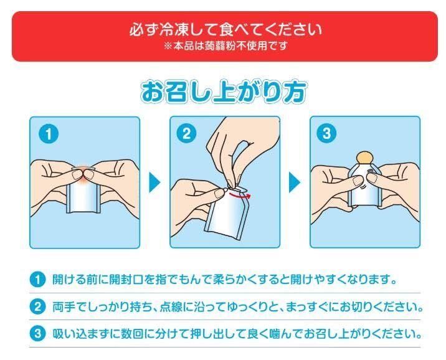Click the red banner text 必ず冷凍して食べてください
tap(225, 30)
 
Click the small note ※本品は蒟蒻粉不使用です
tap(225, 46)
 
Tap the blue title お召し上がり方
tap(223, 92)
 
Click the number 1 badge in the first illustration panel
tap(49, 134)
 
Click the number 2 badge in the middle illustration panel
tap(186, 133)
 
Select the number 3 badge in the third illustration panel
tap(326, 133)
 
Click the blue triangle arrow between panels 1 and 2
tap(154, 182)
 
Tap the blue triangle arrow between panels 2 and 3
tap(295, 182)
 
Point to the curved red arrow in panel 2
tap(239, 195)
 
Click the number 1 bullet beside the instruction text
tap(37, 280)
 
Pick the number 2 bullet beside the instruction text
tap(37, 307)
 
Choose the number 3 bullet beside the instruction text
tap(37, 334)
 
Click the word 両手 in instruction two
tap(63, 307)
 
